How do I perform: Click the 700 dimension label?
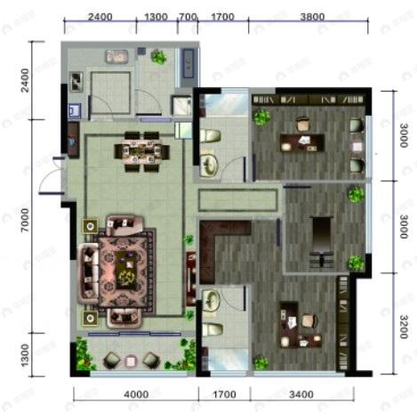(x=188, y=17)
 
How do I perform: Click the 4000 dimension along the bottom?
(x=136, y=394)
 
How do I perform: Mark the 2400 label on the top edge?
(x=100, y=17)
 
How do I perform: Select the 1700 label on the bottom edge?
(x=222, y=394)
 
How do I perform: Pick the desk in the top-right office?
(x=301, y=141)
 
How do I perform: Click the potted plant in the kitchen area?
(x=158, y=58)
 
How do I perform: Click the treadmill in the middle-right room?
(x=320, y=242)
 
